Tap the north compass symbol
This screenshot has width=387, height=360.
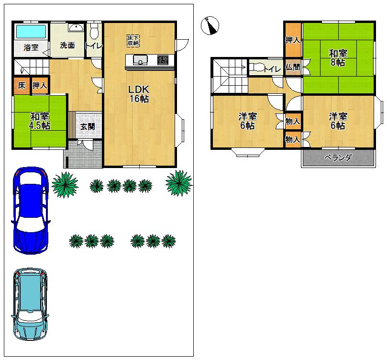(x=210, y=25)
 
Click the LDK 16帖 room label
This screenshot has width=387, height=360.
(x=139, y=94)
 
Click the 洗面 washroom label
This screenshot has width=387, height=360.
(x=67, y=45)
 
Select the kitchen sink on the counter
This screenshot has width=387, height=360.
(x=141, y=60)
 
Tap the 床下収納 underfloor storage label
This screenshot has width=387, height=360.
(x=133, y=40)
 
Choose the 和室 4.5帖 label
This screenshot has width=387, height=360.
(x=39, y=121)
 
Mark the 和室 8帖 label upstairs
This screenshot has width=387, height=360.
(x=338, y=57)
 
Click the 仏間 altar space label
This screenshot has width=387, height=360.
(x=293, y=67)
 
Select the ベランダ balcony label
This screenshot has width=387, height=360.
(x=338, y=157)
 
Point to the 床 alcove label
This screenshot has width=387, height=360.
(x=22, y=85)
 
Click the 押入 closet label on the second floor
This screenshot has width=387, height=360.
(x=292, y=40)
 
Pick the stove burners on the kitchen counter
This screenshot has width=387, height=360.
(x=162, y=60)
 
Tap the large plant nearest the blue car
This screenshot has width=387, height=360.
(x=64, y=184)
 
